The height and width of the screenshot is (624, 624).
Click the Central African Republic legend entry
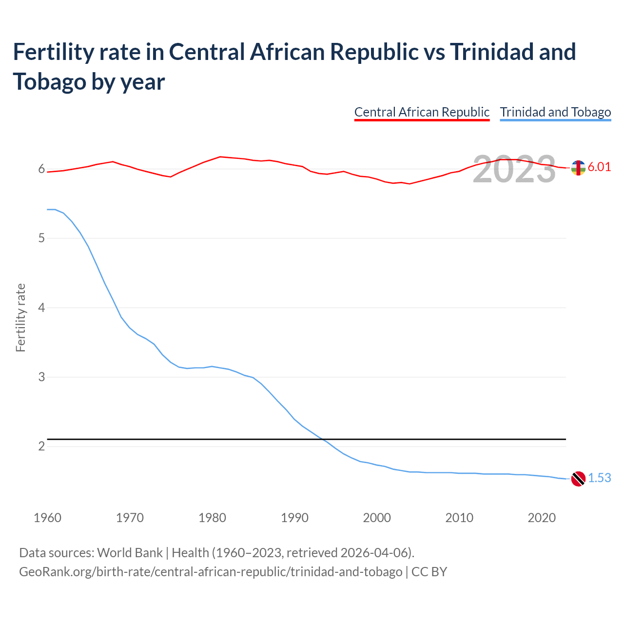coord(422,112)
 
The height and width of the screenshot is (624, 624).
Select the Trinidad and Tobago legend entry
coord(555,112)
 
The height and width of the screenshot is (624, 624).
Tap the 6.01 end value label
coord(599,167)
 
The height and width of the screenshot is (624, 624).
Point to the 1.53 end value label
coord(599,478)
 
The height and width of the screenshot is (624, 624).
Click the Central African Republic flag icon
coord(578,168)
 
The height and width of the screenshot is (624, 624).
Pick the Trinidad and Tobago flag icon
coord(578,479)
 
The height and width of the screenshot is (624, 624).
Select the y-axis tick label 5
coord(41,238)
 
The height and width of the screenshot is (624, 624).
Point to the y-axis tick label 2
coord(41,447)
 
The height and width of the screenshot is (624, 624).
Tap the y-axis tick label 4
coord(41,308)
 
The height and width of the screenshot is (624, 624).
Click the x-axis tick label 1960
coord(47,518)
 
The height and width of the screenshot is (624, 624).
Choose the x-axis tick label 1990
coord(294,518)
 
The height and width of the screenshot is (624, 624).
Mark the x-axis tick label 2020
coord(542,518)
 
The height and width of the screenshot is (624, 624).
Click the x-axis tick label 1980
coord(212,518)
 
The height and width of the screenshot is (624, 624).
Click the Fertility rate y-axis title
coord(20,317)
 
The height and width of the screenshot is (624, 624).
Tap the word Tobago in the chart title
coord(48,81)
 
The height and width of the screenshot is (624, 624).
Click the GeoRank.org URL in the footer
coord(211,571)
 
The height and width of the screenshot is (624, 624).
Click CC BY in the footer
coord(429,571)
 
